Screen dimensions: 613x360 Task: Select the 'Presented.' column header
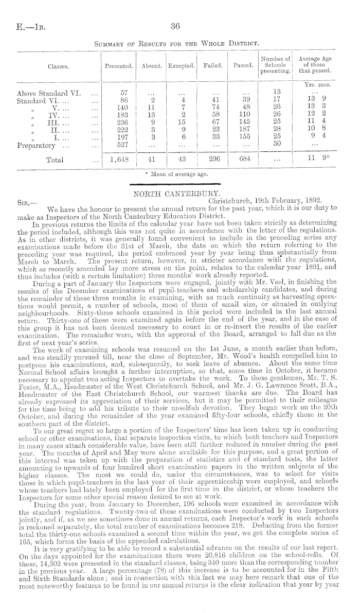coord(119,66)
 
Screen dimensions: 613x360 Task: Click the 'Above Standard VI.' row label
coord(49,93)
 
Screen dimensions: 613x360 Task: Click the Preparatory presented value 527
coord(119,145)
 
